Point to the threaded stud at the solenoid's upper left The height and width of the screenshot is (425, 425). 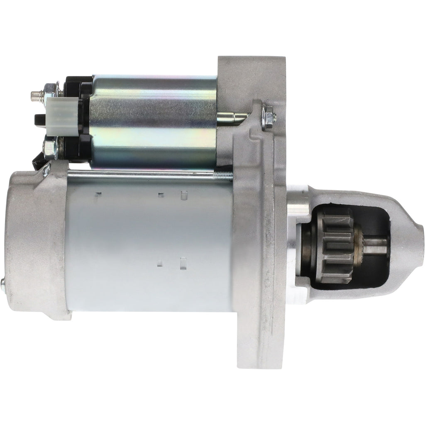[x=37, y=96]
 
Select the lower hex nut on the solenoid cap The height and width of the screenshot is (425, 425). [x=49, y=149]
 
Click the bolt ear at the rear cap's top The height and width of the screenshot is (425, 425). [x=46, y=168]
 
